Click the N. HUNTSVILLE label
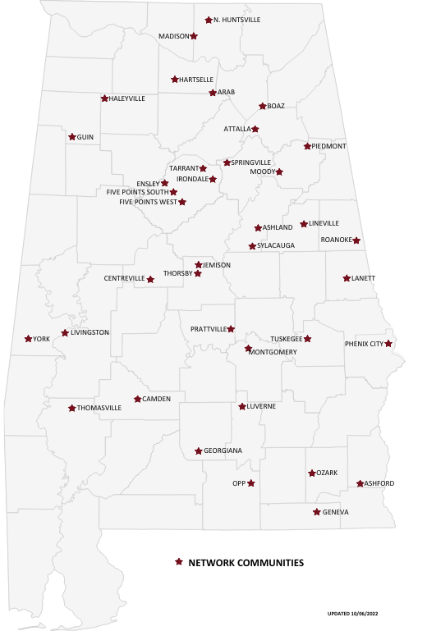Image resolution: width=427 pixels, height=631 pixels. point(236,20)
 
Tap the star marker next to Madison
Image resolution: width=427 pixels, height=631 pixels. point(194,36)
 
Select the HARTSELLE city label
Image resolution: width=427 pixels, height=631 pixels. point(195,80)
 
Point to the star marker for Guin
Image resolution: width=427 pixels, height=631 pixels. point(72,137)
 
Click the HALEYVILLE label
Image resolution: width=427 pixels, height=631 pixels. point(127,98)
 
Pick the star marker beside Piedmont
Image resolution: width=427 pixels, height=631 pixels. point(307,146)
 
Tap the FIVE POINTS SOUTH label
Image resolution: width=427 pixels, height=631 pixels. point(137,192)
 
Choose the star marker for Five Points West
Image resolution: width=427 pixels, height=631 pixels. point(182,202)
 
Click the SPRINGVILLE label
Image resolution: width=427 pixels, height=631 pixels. point(251,162)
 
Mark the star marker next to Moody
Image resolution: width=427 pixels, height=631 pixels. point(279,172)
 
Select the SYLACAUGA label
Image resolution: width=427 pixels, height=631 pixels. point(276,245)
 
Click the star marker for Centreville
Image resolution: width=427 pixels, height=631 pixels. point(150,279)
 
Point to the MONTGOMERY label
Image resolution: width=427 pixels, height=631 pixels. point(273,352)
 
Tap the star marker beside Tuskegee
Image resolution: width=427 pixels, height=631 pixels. point(308,339)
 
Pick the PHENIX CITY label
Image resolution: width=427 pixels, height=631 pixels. point(364,344)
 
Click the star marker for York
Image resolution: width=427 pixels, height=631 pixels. point(29,339)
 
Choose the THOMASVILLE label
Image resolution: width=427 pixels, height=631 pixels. point(99,408)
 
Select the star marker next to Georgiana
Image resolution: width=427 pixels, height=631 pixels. point(198,451)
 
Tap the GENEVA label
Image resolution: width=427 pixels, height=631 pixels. point(336,512)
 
